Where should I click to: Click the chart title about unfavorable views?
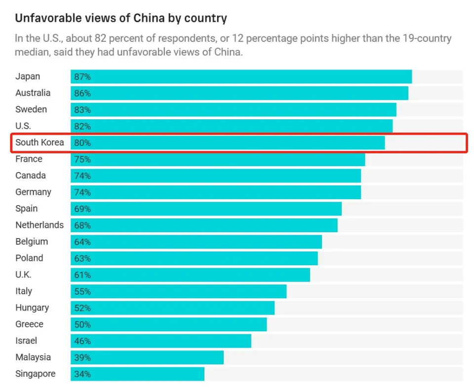121,19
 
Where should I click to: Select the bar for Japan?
241,77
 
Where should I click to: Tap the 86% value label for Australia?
82,93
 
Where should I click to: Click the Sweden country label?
31,109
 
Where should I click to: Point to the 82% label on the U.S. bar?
82,126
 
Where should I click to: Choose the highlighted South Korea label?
39,142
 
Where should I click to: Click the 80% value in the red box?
82,143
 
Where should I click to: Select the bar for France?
217,159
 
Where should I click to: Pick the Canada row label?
31,176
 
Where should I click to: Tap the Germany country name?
33,192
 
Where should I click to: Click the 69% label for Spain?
82,209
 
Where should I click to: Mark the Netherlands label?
39,225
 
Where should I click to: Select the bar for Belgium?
196,242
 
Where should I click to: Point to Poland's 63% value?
82,258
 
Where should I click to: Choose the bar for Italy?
178,291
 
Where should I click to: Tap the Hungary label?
32,308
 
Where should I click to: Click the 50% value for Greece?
82,324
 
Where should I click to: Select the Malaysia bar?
147,357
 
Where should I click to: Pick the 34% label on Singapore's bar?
82,374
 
